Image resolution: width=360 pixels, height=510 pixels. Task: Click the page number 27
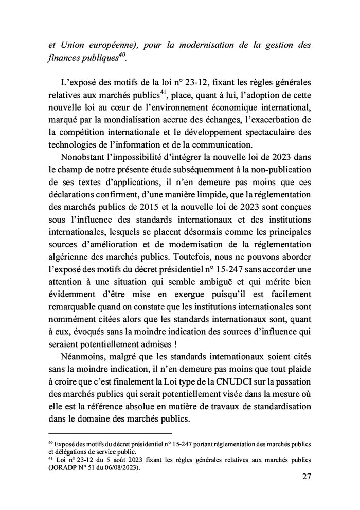[x=305, y=477]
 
